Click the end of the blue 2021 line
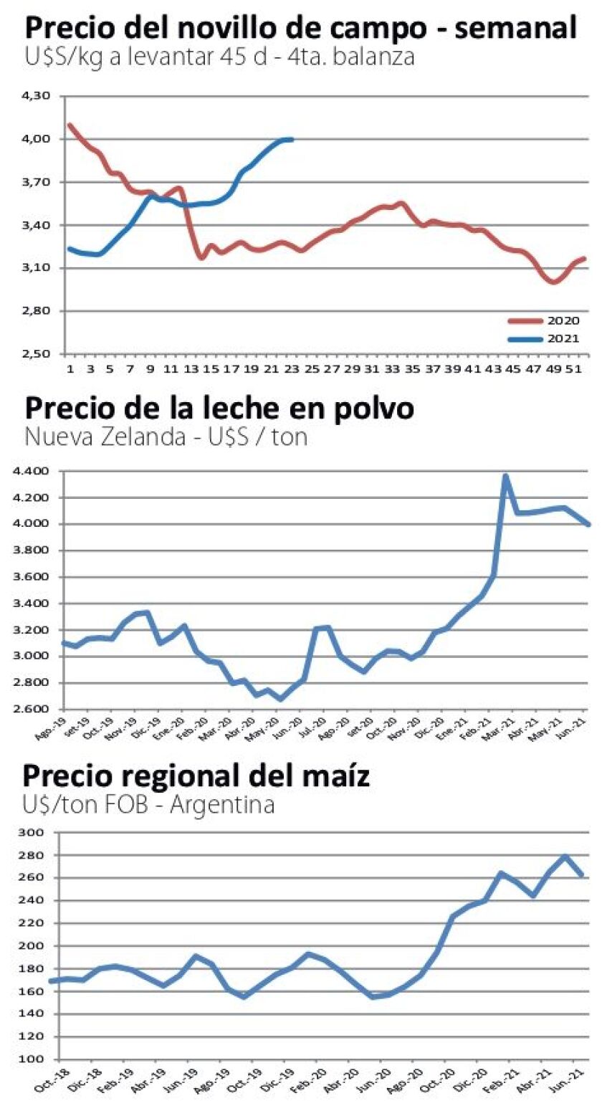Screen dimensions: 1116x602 (x=291, y=139)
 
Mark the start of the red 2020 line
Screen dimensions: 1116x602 (x=69, y=125)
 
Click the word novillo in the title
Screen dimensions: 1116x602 (x=277, y=29)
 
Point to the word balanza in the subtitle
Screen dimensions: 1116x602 (x=373, y=57)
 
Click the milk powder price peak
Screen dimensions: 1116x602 (x=505, y=475)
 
